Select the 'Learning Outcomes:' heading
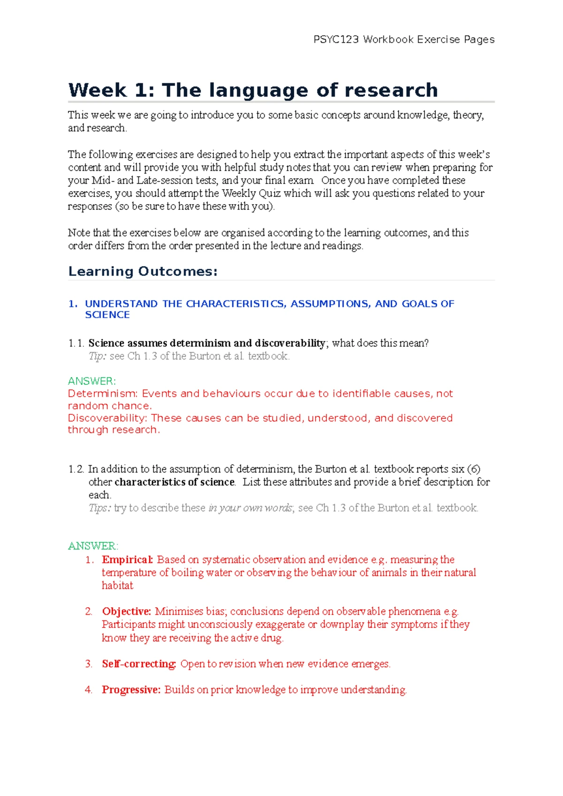pos(143,271)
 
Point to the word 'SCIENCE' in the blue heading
pos(107,315)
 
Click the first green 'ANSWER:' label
pos(91,381)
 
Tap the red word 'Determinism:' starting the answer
pos(103,393)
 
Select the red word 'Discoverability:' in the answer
pos(108,418)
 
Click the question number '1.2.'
pos(76,469)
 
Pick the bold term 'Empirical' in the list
pos(127,559)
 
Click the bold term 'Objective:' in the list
pos(126,611)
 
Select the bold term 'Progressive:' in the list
pos(131,689)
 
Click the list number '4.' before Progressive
pos(89,689)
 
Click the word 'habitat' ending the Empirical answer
pos(117,585)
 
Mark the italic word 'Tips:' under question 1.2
pos(99,508)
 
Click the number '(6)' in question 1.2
pos(473,469)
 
